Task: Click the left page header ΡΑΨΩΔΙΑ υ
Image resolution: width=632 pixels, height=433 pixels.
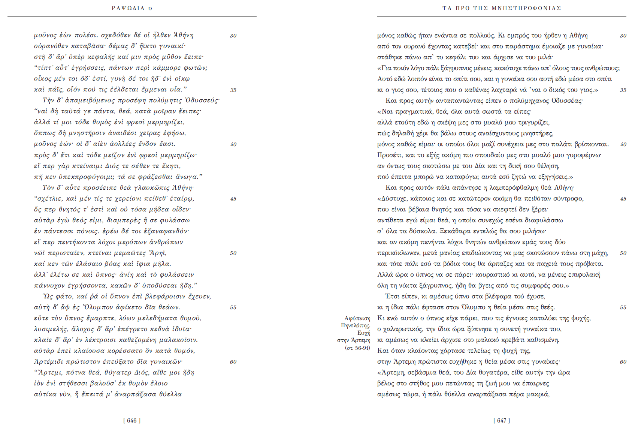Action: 132,8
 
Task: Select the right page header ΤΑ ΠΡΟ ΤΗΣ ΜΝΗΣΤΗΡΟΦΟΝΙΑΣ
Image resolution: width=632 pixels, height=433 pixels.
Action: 502,8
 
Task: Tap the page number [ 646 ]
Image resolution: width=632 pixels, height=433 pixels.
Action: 132,421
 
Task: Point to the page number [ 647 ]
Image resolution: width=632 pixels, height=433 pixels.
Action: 502,421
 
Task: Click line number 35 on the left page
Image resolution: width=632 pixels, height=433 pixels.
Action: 233,90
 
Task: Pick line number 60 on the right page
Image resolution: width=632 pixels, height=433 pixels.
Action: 623,362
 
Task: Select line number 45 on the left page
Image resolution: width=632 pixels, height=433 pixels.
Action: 233,199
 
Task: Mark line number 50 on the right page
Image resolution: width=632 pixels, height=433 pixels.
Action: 623,253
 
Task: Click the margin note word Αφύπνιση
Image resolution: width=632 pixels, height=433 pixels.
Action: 357,318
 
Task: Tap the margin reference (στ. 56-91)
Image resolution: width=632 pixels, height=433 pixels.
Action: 357,348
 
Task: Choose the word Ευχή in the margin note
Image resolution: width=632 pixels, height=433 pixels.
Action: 364,333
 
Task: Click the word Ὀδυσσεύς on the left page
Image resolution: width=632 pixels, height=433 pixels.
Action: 203,100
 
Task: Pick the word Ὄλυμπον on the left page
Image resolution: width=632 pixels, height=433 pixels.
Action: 91,307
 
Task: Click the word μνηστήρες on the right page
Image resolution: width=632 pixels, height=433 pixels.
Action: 536,133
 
